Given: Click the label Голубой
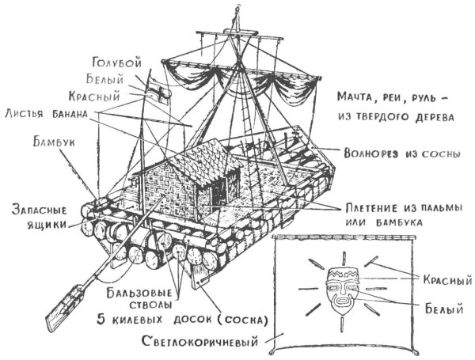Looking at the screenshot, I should pos(118,63).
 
